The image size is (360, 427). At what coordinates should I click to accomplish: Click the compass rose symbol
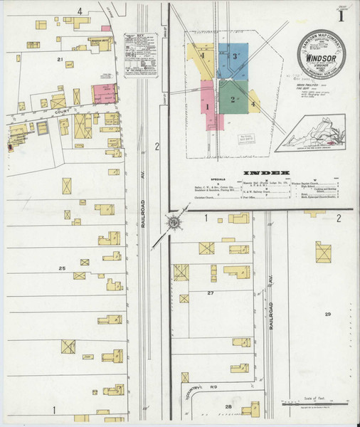[173, 224]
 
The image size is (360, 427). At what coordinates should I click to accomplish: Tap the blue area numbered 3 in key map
[231, 61]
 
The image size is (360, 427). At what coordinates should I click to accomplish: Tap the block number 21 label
[61, 59]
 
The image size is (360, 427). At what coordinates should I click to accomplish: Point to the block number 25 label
[62, 268]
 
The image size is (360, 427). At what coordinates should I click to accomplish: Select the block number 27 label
[211, 292]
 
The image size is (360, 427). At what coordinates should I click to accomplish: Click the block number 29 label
[328, 314]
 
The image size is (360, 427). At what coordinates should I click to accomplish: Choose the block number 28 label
[229, 406]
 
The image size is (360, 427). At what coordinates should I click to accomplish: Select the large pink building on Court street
[104, 93]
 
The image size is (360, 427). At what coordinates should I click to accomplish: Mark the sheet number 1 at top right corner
[342, 15]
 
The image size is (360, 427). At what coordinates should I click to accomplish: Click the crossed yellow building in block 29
[324, 252]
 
